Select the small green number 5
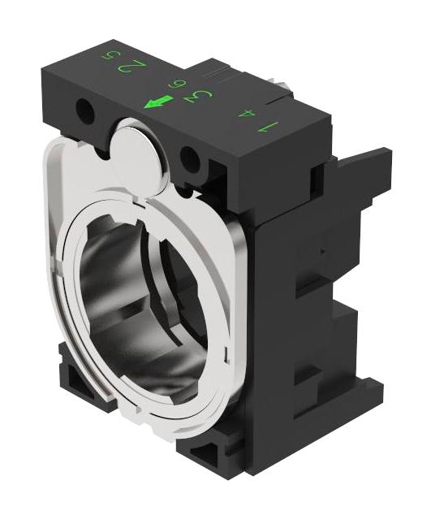click(x=105, y=56)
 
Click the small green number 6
click(x=174, y=84)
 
